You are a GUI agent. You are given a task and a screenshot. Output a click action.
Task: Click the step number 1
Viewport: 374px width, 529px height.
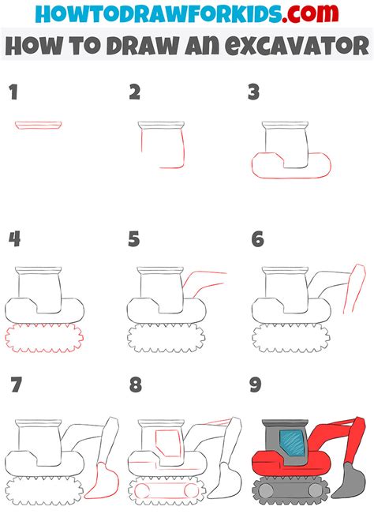(13, 93)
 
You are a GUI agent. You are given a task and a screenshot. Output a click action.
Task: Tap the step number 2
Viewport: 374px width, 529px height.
(135, 93)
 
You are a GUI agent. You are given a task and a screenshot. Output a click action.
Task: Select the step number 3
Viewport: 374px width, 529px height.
(253, 93)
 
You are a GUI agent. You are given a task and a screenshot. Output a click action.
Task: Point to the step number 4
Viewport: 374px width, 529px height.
(14, 238)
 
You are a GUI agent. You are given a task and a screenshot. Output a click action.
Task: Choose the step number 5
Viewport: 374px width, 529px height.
(134, 238)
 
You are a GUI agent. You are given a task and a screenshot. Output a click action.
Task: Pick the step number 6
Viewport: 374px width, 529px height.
(256, 238)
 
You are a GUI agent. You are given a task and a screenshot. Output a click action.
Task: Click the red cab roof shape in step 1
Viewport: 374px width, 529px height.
(39, 125)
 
